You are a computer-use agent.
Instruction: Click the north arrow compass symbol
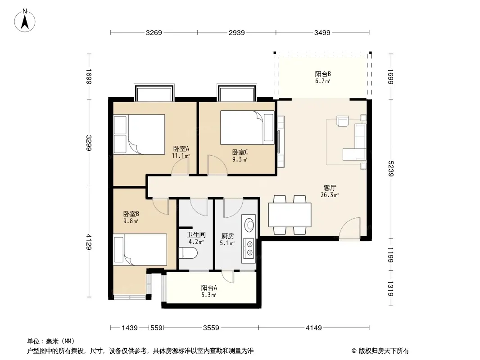click(25, 21)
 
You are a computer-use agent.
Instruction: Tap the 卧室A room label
click(181, 149)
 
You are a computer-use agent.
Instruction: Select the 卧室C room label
click(240, 152)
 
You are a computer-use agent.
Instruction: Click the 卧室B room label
click(131, 214)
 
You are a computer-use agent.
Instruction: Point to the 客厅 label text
click(330, 188)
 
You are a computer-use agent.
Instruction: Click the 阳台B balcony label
click(323, 74)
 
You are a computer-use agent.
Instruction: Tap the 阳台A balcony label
click(209, 288)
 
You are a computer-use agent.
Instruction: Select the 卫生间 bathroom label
click(196, 235)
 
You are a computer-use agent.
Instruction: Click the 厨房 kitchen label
click(228, 236)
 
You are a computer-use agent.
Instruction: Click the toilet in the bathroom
click(188, 253)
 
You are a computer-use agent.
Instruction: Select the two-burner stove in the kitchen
click(249, 248)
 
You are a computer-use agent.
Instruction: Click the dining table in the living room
click(290, 215)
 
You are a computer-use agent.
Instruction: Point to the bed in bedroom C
click(247, 127)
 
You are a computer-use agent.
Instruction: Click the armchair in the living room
click(343, 121)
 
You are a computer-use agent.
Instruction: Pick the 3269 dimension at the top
click(154, 33)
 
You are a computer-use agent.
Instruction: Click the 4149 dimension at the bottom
click(314, 328)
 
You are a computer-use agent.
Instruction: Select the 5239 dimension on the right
click(390, 169)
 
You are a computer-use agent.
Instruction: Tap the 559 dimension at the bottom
click(156, 328)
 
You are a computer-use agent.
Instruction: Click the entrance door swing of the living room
click(349, 229)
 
